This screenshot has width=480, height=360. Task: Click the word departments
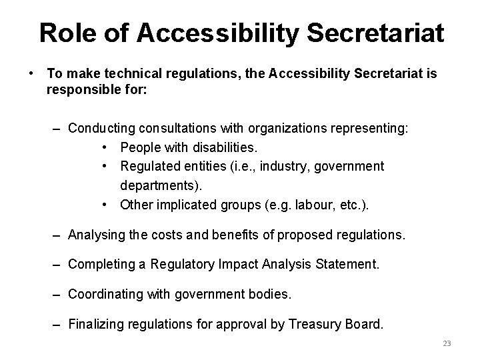161,185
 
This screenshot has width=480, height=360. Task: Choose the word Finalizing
97,325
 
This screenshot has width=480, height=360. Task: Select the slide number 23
447,343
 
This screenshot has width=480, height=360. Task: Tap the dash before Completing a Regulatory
58,265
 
